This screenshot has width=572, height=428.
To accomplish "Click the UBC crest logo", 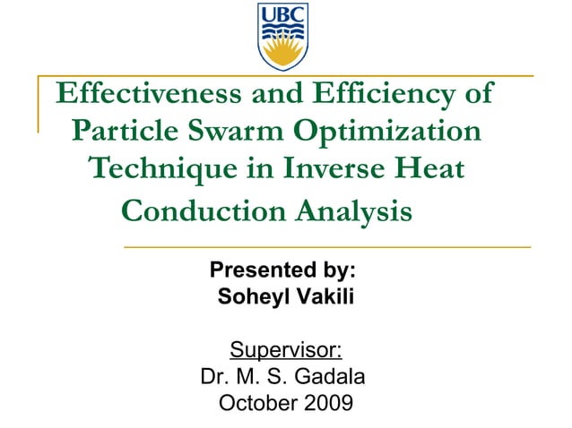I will click(283, 37).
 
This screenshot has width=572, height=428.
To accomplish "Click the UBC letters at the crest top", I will click(283, 14).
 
